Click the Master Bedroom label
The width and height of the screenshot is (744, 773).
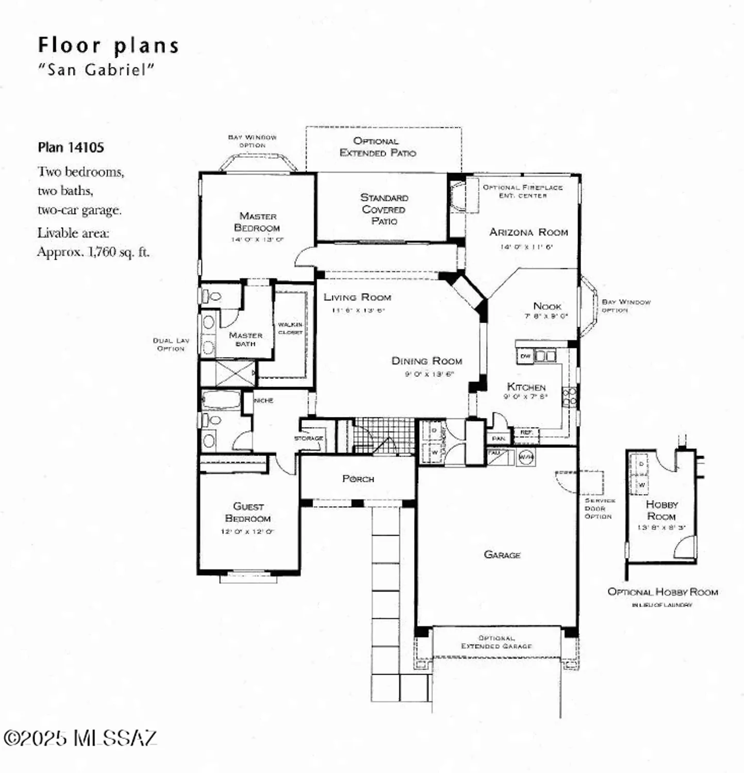pos(257,222)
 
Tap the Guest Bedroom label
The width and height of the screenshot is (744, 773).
pos(248,512)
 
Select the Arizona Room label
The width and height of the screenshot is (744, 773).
pos(528,232)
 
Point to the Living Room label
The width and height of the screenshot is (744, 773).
pos(357,297)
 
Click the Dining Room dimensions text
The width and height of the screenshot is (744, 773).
pos(428,374)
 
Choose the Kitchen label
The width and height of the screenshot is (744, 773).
pos(526,386)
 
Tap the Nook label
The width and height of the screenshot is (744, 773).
pos(547,306)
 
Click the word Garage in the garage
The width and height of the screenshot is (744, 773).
pos(502,555)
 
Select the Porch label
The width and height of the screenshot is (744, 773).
pos(358,479)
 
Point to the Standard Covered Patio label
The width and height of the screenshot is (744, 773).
pos(384,209)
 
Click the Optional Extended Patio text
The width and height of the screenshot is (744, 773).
pos(377,147)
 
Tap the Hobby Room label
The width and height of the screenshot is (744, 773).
pos(662,510)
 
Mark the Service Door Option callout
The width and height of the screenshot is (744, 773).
pos(599,508)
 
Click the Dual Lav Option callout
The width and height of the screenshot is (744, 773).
pos(171,344)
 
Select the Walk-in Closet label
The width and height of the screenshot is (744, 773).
pos(290,328)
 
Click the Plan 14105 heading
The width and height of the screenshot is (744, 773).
pos(71,147)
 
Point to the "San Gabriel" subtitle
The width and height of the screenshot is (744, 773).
pos(96,70)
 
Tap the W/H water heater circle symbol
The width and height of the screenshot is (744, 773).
pos(525,457)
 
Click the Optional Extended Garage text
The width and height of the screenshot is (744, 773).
pos(496,642)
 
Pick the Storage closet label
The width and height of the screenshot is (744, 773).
pos(308,438)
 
